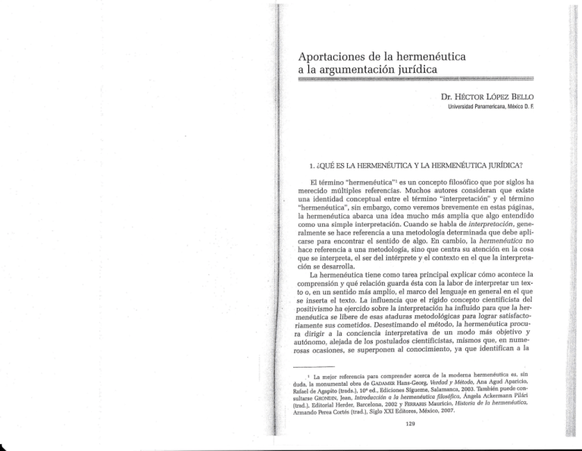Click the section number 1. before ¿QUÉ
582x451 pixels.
[195, 161]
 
